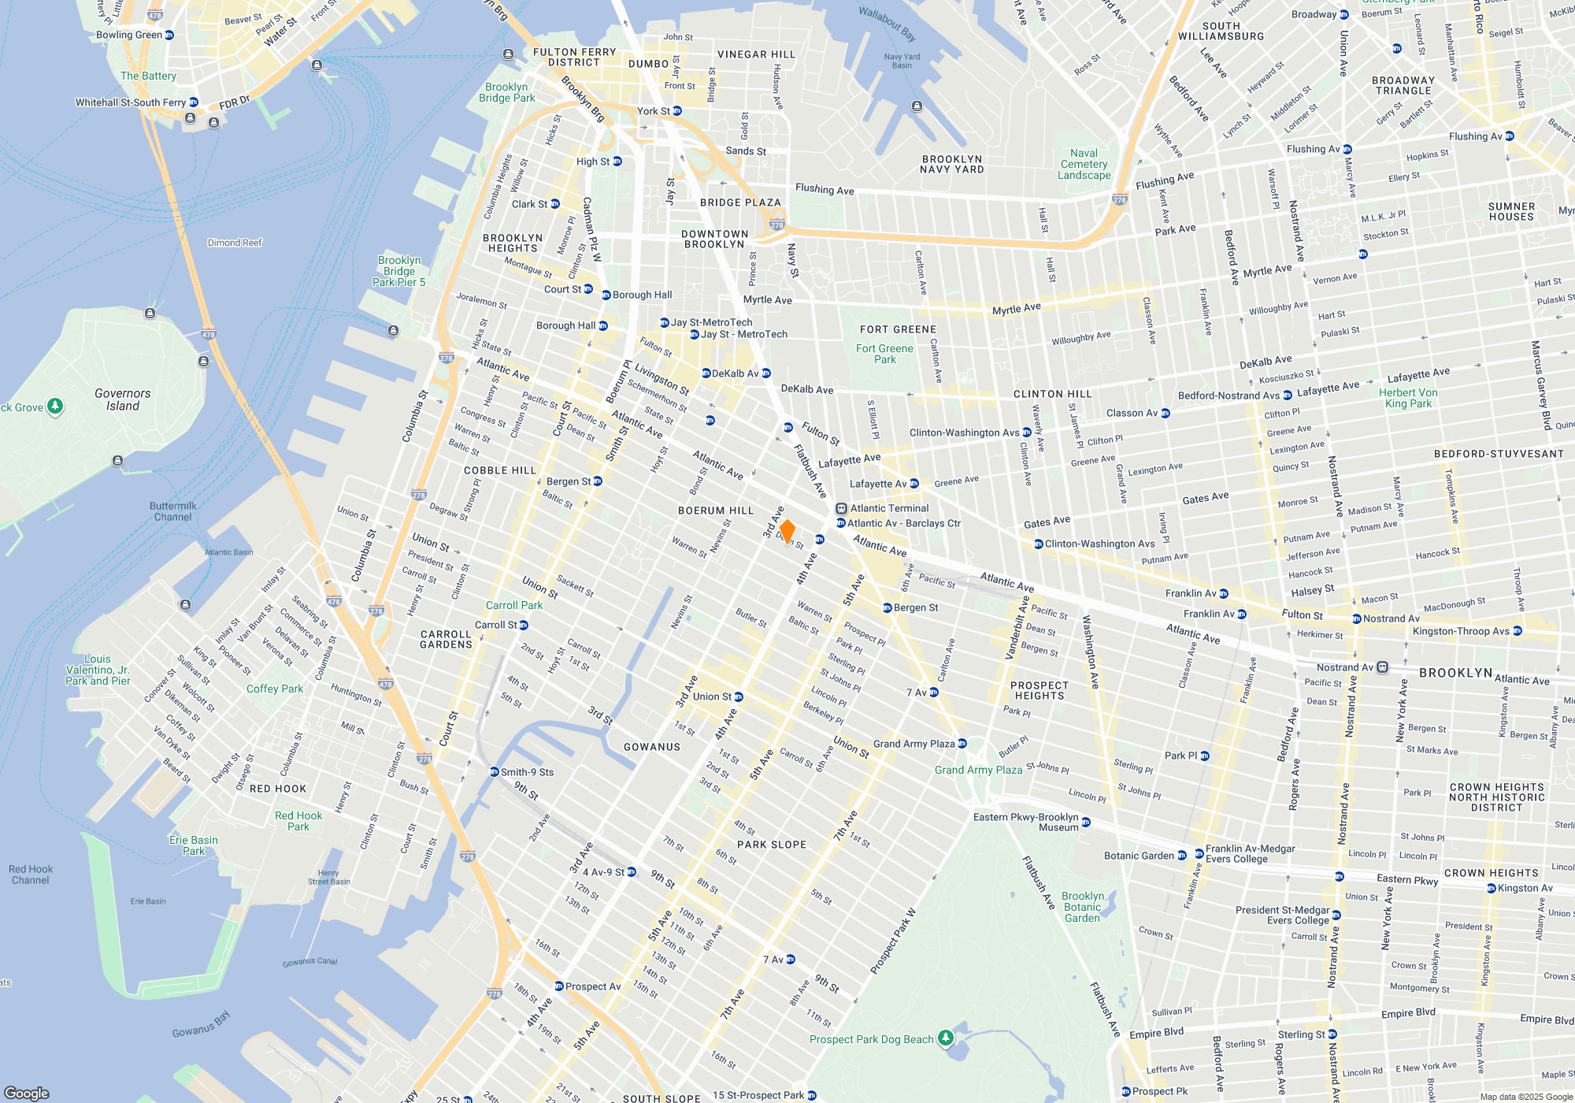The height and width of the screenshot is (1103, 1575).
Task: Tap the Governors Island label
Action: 122,399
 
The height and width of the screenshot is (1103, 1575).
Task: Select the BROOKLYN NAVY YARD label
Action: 951,164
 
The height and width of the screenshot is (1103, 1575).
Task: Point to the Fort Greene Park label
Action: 884,354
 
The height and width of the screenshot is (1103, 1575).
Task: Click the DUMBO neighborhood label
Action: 648,64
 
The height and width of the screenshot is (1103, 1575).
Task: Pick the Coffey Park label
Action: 274,689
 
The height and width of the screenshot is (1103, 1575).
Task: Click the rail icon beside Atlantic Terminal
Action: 841,509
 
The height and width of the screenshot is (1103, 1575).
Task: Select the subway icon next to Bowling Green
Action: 169,35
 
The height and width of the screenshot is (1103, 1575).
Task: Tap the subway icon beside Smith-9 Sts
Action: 495,772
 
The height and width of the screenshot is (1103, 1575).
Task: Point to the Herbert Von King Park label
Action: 1408,398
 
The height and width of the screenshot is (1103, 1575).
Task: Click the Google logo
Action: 26,1093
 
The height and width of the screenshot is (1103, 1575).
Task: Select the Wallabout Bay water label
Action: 887,24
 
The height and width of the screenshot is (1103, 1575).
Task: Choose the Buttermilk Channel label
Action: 172,511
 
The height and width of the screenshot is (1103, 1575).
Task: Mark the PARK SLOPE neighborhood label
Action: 771,845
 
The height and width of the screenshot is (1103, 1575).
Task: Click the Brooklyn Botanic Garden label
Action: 1083,907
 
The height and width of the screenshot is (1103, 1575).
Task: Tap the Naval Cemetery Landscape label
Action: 1084,164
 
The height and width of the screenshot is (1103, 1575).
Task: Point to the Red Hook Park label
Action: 298,821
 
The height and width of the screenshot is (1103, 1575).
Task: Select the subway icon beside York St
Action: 677,111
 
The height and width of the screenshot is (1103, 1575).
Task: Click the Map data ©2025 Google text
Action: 1526,1097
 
